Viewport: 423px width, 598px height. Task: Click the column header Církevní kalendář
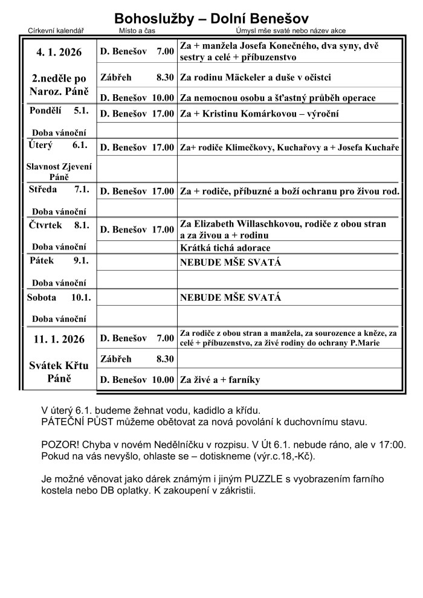click(56, 31)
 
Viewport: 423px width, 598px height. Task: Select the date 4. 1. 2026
click(59, 52)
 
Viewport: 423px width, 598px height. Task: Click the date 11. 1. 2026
click(59, 339)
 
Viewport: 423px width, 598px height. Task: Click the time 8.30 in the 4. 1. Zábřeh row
click(164, 77)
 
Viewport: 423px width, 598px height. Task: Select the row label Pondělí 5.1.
click(59, 111)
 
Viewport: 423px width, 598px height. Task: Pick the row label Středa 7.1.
click(59, 189)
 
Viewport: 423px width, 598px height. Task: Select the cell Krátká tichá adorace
click(225, 248)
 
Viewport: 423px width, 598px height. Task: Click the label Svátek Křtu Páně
click(59, 372)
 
